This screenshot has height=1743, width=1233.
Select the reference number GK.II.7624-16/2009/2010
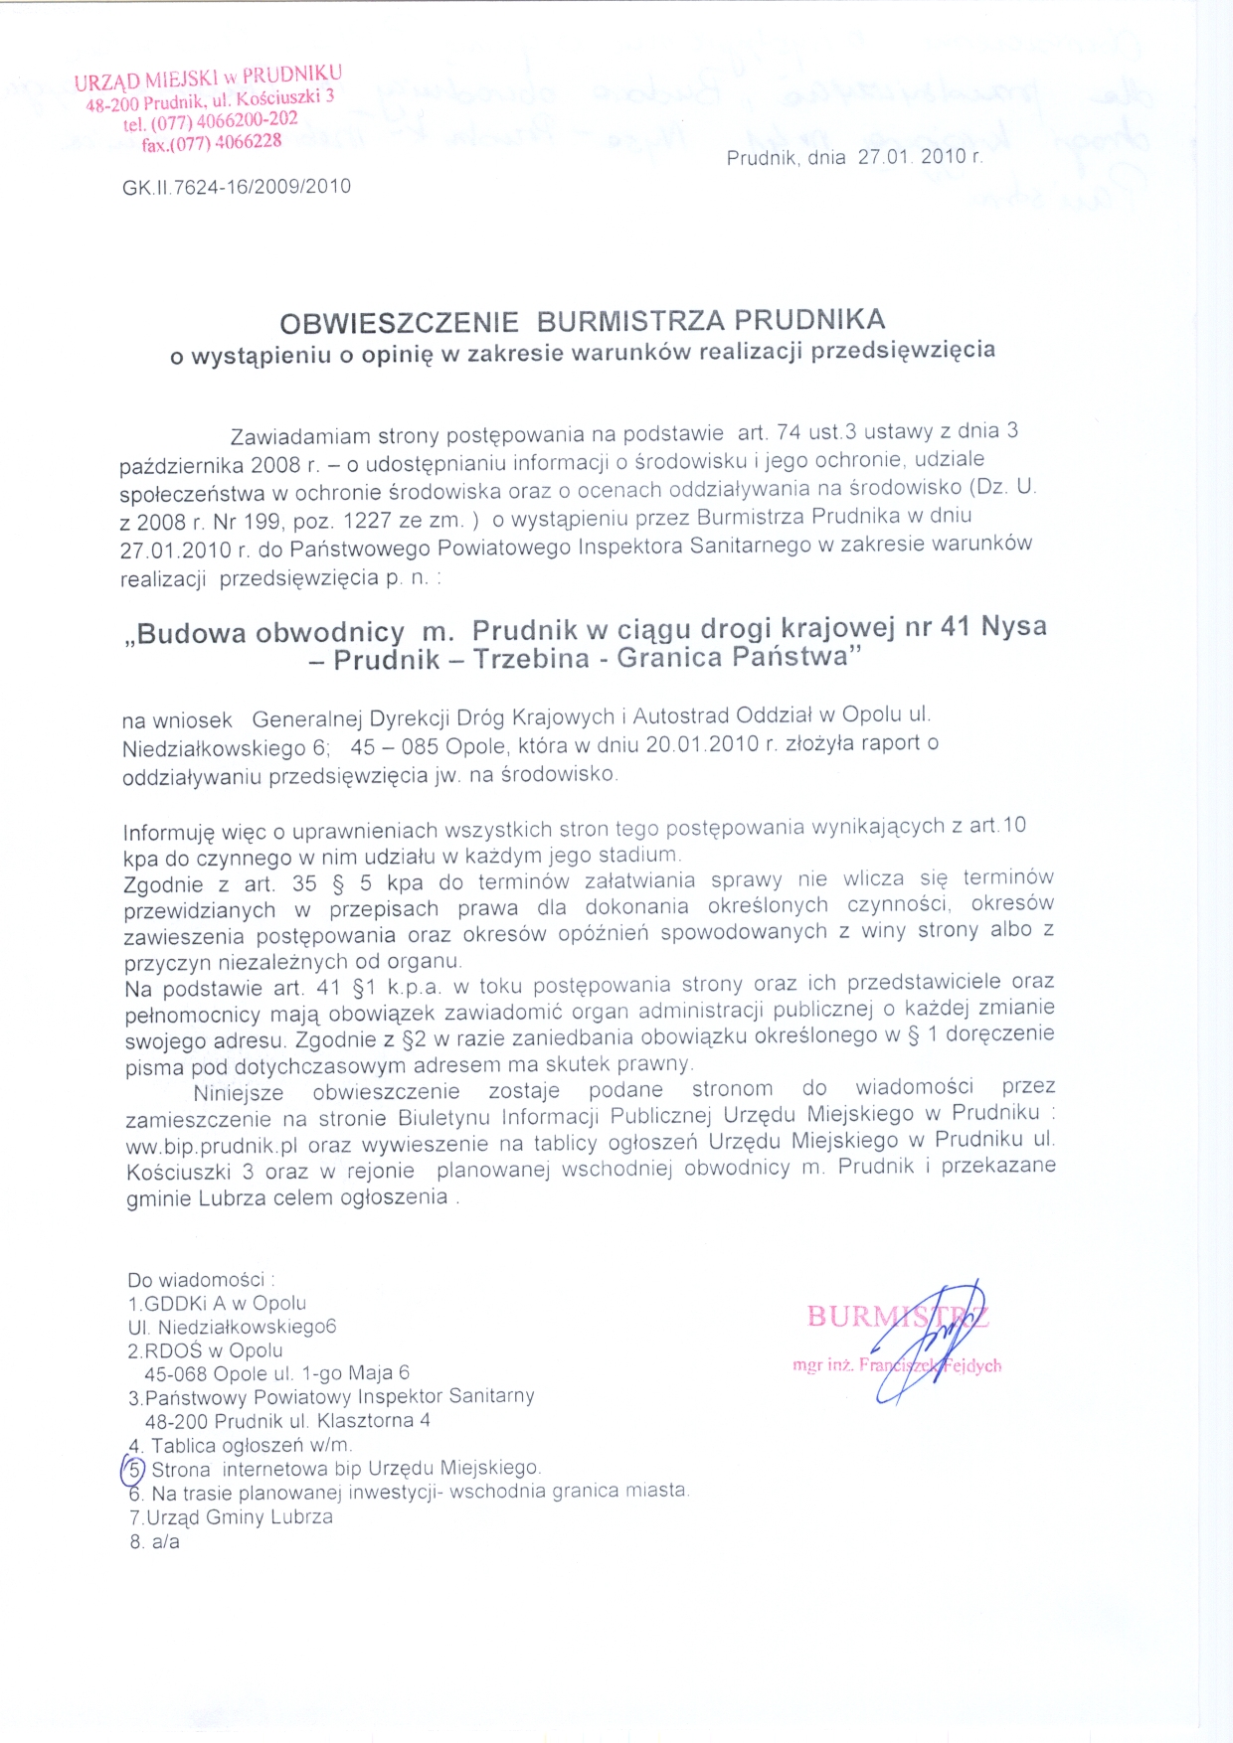tap(237, 187)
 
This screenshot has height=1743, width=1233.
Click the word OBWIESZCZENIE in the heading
tap(399, 324)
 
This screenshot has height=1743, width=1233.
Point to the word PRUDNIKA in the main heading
tap(809, 320)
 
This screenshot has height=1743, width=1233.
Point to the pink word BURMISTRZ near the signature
tap(897, 1317)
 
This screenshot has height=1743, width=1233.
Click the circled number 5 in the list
tap(133, 1469)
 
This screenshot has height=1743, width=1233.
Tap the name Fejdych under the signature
tap(971, 1365)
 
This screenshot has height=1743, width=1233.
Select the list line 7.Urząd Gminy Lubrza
tap(231, 1517)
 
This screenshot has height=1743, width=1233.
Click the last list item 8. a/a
tap(154, 1542)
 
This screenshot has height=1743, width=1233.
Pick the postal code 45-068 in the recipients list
tap(177, 1374)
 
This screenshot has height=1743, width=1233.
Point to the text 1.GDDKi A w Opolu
tap(217, 1304)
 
